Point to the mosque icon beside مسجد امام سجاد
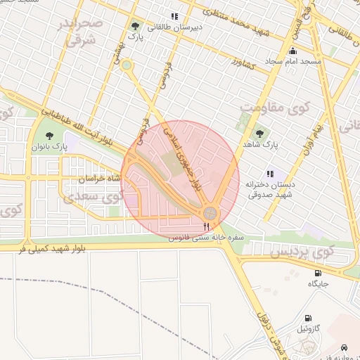[292, 51]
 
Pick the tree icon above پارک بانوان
[49, 134]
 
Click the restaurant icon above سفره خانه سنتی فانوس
[206, 226]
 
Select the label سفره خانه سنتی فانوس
[205, 238]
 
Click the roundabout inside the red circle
[210, 213]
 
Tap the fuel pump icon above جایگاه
[318, 273]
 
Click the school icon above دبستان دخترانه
[269, 173]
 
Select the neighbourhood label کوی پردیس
[302, 251]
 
